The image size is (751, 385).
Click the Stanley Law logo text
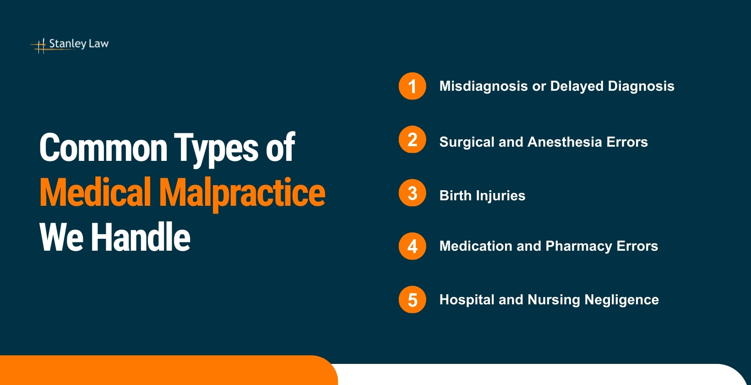(79, 44)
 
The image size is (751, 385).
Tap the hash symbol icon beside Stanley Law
(41, 45)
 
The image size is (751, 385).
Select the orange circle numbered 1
(412, 86)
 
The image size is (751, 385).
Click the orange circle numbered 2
(412, 139)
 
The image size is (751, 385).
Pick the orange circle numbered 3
(412, 193)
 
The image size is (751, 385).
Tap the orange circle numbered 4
(412, 246)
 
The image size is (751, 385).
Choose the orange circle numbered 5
(412, 300)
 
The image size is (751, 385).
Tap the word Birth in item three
(455, 196)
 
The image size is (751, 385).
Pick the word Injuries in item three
(501, 196)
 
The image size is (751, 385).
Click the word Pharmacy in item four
(579, 246)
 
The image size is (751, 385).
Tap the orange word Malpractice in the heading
(242, 192)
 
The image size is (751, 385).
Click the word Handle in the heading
(140, 237)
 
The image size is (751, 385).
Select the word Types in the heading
(217, 148)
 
